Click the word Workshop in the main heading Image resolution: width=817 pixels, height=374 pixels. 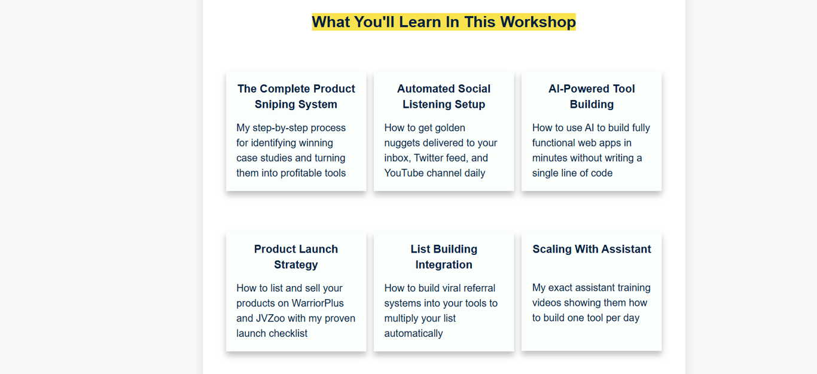pos(538,22)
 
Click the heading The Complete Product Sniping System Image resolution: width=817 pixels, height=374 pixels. pos(296,96)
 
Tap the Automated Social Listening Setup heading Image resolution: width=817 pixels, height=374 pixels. pos(444,96)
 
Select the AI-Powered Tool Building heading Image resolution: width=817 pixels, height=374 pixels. pos(592,96)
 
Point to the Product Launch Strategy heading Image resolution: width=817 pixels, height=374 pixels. pos(296,257)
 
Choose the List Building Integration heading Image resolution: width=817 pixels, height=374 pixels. pos(444,257)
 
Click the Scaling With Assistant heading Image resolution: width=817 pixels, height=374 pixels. pos(592,249)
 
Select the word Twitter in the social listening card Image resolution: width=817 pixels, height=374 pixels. pos(430,158)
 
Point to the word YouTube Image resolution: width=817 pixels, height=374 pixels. pos(404,173)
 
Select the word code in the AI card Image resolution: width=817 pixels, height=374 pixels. pos(602,173)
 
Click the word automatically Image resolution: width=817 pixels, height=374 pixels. pos(413,333)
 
